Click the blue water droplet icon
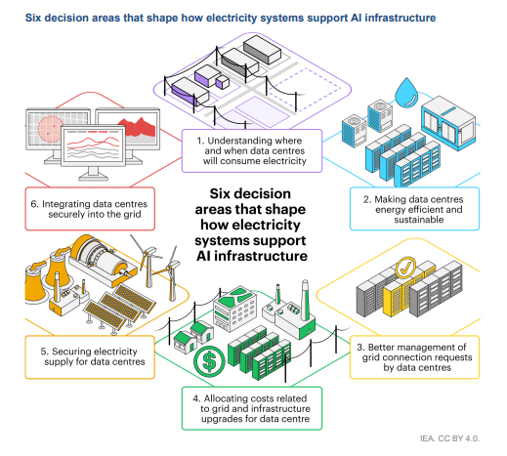406,94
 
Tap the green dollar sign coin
209,361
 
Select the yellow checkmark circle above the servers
405,268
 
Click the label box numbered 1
252,150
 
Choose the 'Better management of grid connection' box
414,357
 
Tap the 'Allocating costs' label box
252,408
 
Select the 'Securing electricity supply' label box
90,357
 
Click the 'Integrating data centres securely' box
90,209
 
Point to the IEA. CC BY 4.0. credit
449,438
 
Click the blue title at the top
231,18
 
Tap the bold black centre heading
251,225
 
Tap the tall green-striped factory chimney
305,300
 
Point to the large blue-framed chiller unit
448,123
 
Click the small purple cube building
223,82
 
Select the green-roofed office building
234,309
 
